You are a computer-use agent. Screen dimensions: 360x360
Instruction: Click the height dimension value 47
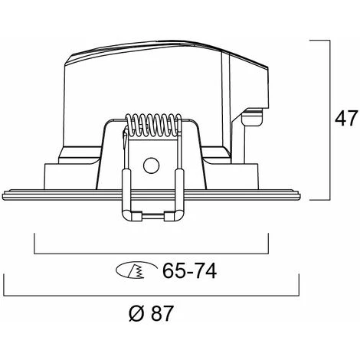coord(345,118)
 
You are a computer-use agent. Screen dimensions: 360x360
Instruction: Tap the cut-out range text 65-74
coord(189,270)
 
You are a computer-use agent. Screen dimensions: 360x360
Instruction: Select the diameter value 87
coord(162,313)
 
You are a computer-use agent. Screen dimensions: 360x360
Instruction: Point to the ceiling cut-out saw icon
coord(136,270)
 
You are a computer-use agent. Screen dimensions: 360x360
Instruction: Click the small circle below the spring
coord(152,165)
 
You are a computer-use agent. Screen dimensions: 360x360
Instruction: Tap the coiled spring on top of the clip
coord(153,125)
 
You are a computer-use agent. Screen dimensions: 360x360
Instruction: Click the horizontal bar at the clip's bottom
coord(152,216)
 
